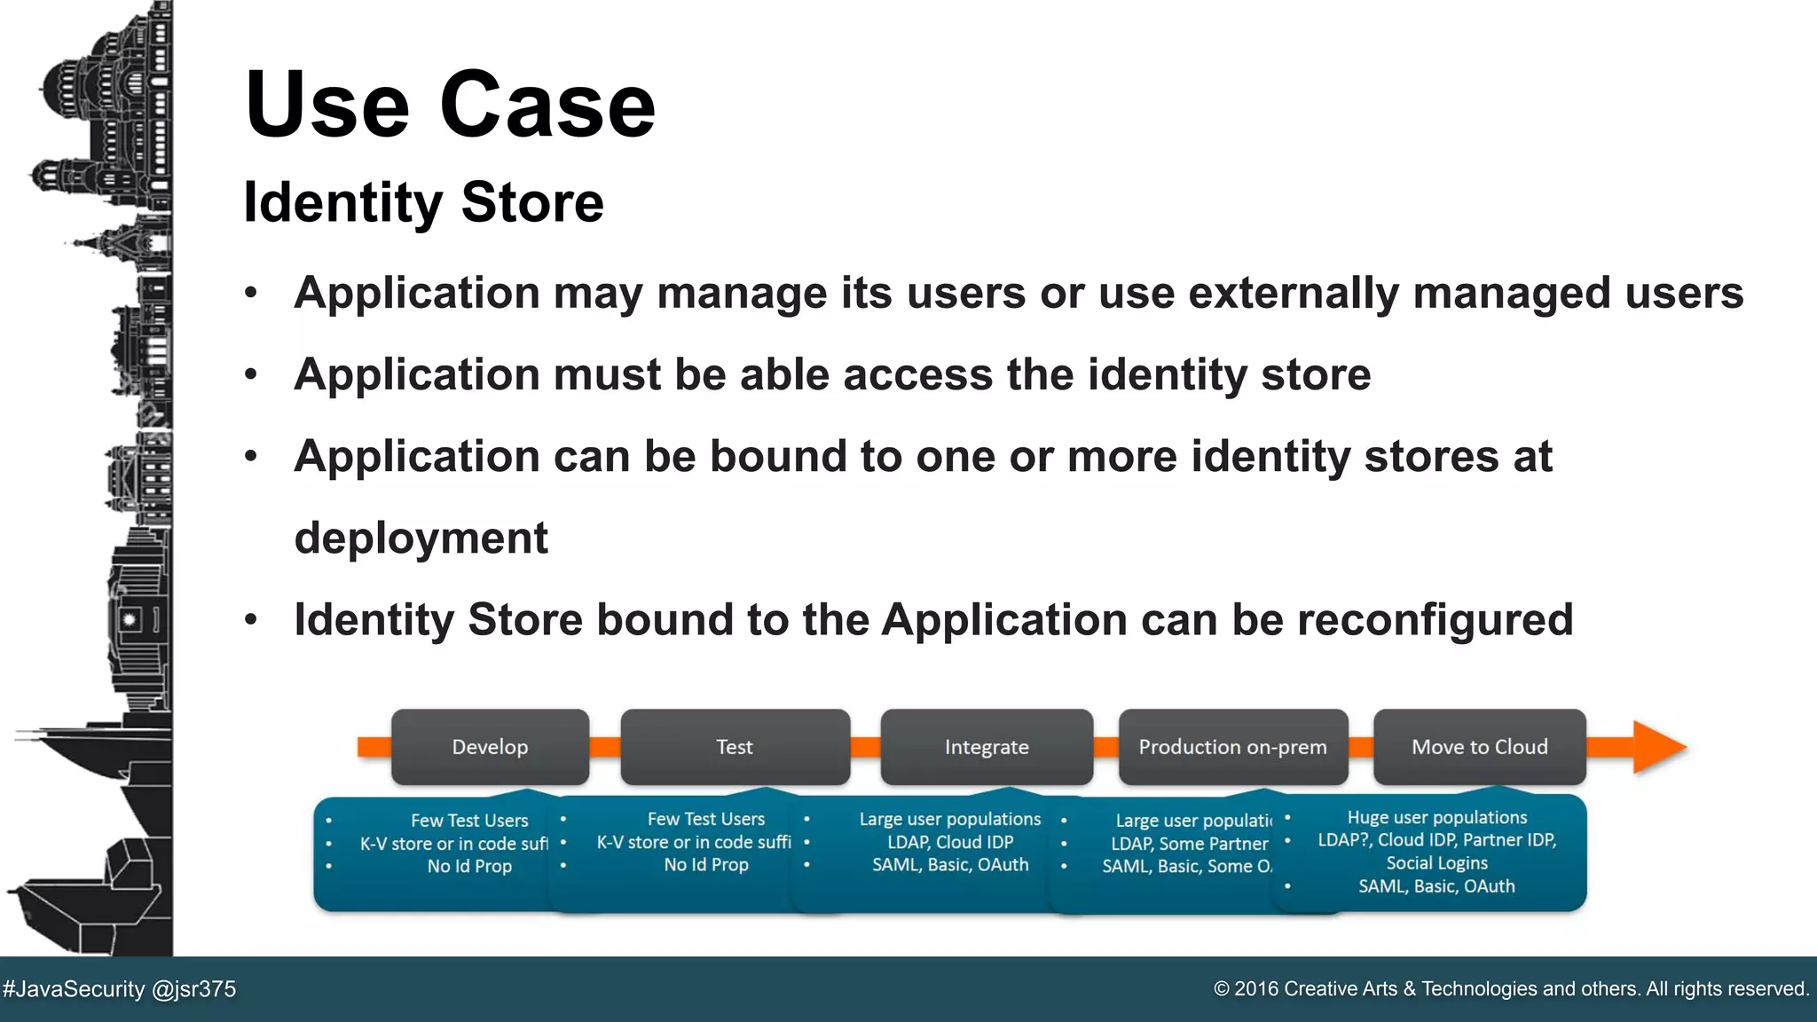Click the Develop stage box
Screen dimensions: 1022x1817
pyautogui.click(x=490, y=747)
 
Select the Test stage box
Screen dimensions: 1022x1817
pyautogui.click(x=735, y=747)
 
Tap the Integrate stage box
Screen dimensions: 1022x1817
pyautogui.click(x=987, y=747)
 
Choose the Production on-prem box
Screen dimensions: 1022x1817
pyautogui.click(x=1232, y=747)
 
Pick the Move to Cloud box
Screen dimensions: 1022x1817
pyautogui.click(x=1479, y=747)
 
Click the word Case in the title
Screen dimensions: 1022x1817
pyautogui.click(x=547, y=105)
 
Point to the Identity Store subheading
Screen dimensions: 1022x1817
pyautogui.click(x=423, y=202)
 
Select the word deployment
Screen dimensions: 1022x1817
pyautogui.click(x=421, y=538)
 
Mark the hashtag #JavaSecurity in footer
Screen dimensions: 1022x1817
pyautogui.click(x=74, y=989)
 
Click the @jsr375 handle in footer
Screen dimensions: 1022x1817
pyautogui.click(x=194, y=989)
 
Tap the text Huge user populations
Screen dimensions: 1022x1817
pyautogui.click(x=1436, y=817)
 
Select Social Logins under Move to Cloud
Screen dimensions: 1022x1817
pyautogui.click(x=1436, y=863)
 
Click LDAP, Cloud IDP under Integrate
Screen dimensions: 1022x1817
pyautogui.click(x=950, y=842)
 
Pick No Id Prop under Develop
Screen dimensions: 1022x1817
pyautogui.click(x=469, y=866)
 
